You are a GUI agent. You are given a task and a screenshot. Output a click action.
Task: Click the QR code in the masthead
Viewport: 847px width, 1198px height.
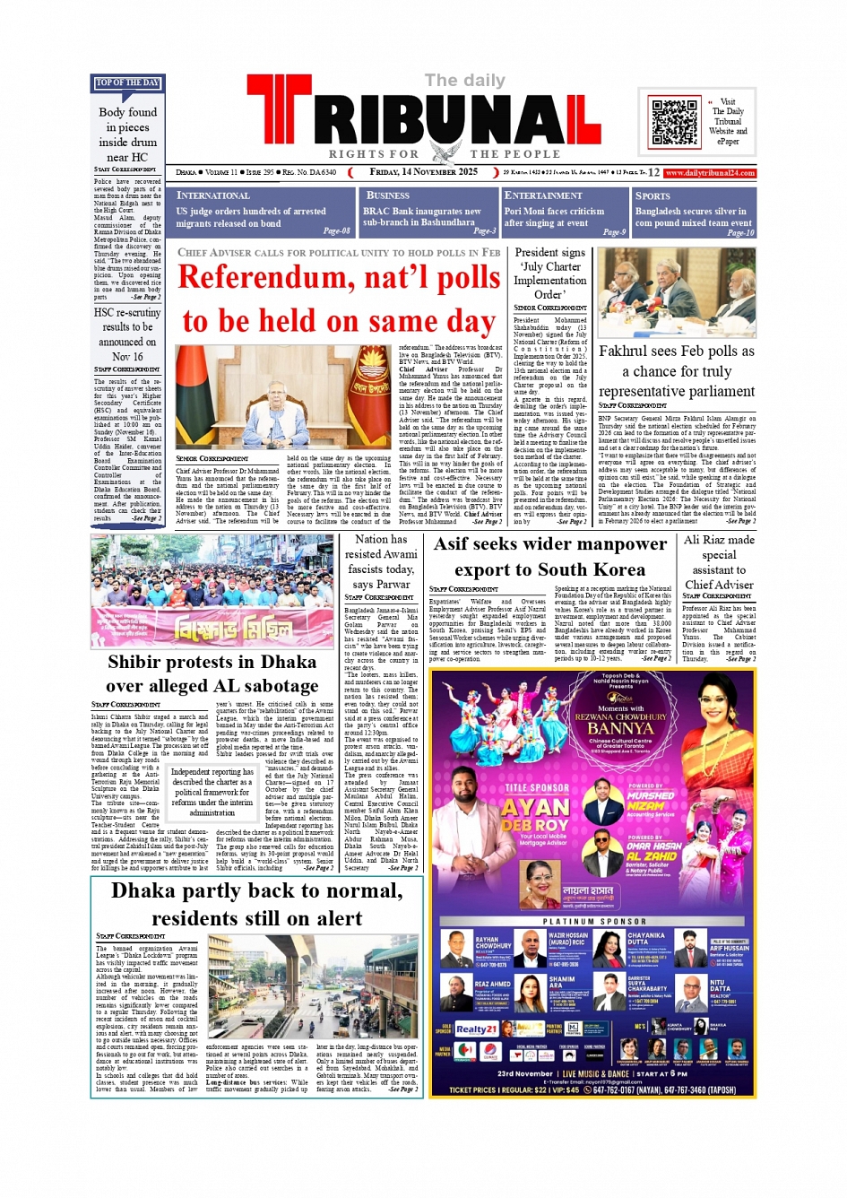pos(673,121)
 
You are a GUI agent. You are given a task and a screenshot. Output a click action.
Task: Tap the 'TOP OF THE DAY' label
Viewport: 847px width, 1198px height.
pos(127,83)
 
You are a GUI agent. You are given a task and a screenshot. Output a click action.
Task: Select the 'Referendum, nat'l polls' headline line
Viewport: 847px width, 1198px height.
pos(339,278)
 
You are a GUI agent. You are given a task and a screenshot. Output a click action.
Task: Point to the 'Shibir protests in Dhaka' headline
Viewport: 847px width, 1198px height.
pos(212,662)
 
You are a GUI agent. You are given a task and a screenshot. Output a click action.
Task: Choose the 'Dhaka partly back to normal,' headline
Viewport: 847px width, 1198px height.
pos(256,890)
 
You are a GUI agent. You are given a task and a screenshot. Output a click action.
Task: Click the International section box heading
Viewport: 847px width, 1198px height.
pos(213,195)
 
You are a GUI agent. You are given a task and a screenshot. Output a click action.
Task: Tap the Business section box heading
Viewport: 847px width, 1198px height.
pos(388,195)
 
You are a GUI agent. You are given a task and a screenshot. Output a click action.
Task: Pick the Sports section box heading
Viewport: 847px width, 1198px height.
pos(653,195)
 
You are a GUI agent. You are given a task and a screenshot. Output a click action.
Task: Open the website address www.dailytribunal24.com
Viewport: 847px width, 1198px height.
pos(710,172)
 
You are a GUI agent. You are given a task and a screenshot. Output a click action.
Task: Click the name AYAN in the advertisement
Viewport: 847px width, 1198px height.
pos(536,807)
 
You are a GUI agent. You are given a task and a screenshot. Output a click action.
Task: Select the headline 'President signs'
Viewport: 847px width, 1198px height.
pos(549,253)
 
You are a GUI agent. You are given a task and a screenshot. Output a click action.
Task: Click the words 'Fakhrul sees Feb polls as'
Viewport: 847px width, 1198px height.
pos(677,351)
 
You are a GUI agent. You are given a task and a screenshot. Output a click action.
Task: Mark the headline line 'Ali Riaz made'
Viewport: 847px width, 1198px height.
pos(719,540)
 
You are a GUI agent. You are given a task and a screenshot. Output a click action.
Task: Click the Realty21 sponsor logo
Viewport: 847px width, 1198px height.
pos(476,1029)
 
